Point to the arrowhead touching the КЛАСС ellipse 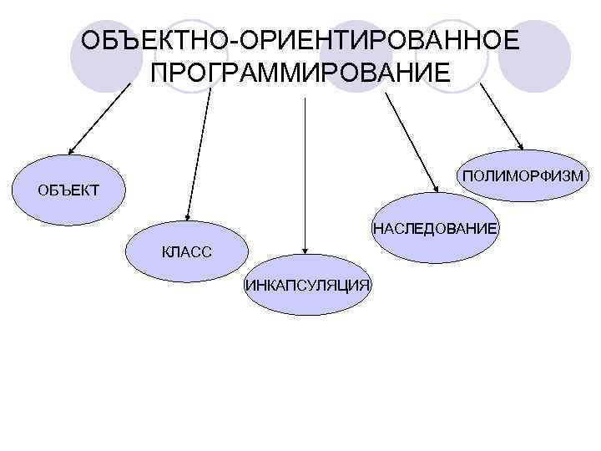[x=188, y=217]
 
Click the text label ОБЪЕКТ [x=68, y=191]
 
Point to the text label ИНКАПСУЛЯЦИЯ [x=307, y=285]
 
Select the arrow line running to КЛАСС [x=199, y=150]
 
